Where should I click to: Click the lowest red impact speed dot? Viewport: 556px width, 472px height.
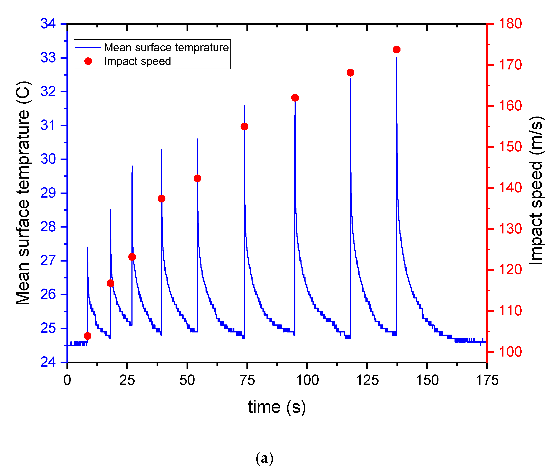pos(87,336)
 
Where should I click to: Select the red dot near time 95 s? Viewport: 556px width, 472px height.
pos(295,98)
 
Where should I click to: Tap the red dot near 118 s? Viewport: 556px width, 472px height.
pos(350,73)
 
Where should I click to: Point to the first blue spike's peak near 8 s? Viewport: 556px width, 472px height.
pos(87,247)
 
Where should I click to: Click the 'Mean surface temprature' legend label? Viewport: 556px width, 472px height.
pos(166,48)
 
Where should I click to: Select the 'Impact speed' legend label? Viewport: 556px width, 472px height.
pos(137,61)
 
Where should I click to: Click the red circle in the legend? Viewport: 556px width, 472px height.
pos(88,61)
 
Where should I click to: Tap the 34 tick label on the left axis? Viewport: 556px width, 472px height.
pos(48,24)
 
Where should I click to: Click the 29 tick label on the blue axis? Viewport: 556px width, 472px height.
pos(48,193)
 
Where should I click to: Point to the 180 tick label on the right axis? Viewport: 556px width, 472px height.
pos(510,24)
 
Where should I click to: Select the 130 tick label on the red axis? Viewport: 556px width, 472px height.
pos(510,229)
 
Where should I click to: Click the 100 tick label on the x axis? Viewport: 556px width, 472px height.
pos(307,380)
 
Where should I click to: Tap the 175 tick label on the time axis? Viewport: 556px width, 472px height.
pos(487,380)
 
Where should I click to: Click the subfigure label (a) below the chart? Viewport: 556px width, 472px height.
pos(264,458)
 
